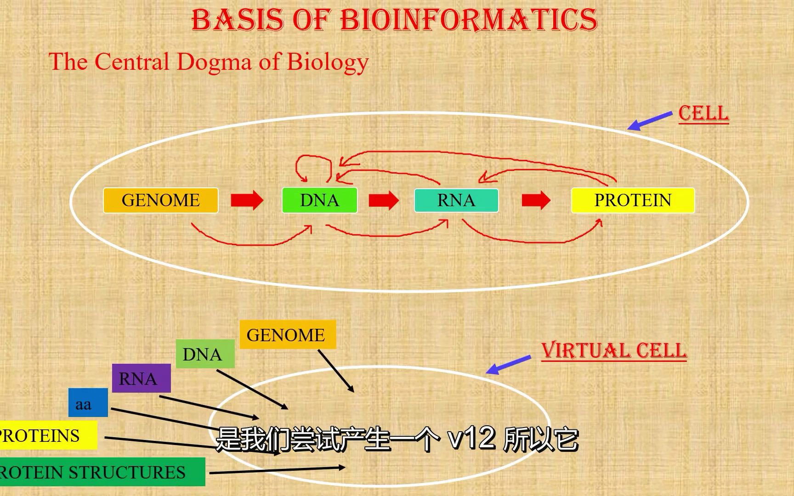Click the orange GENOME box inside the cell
(x=160, y=200)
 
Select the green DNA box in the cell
(x=319, y=200)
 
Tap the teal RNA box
(x=456, y=200)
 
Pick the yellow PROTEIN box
(x=632, y=200)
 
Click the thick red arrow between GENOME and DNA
(x=247, y=200)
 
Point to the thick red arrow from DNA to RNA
(x=384, y=200)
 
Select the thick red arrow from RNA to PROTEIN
(x=536, y=200)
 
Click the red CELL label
(x=703, y=113)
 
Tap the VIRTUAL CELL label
(x=613, y=351)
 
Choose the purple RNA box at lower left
(x=141, y=378)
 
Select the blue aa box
(x=88, y=403)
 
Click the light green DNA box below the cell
(x=205, y=354)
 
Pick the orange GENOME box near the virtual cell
(x=288, y=335)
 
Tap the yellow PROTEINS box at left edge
(x=46, y=435)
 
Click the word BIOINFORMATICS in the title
(x=469, y=20)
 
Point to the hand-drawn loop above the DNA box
(x=313, y=166)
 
